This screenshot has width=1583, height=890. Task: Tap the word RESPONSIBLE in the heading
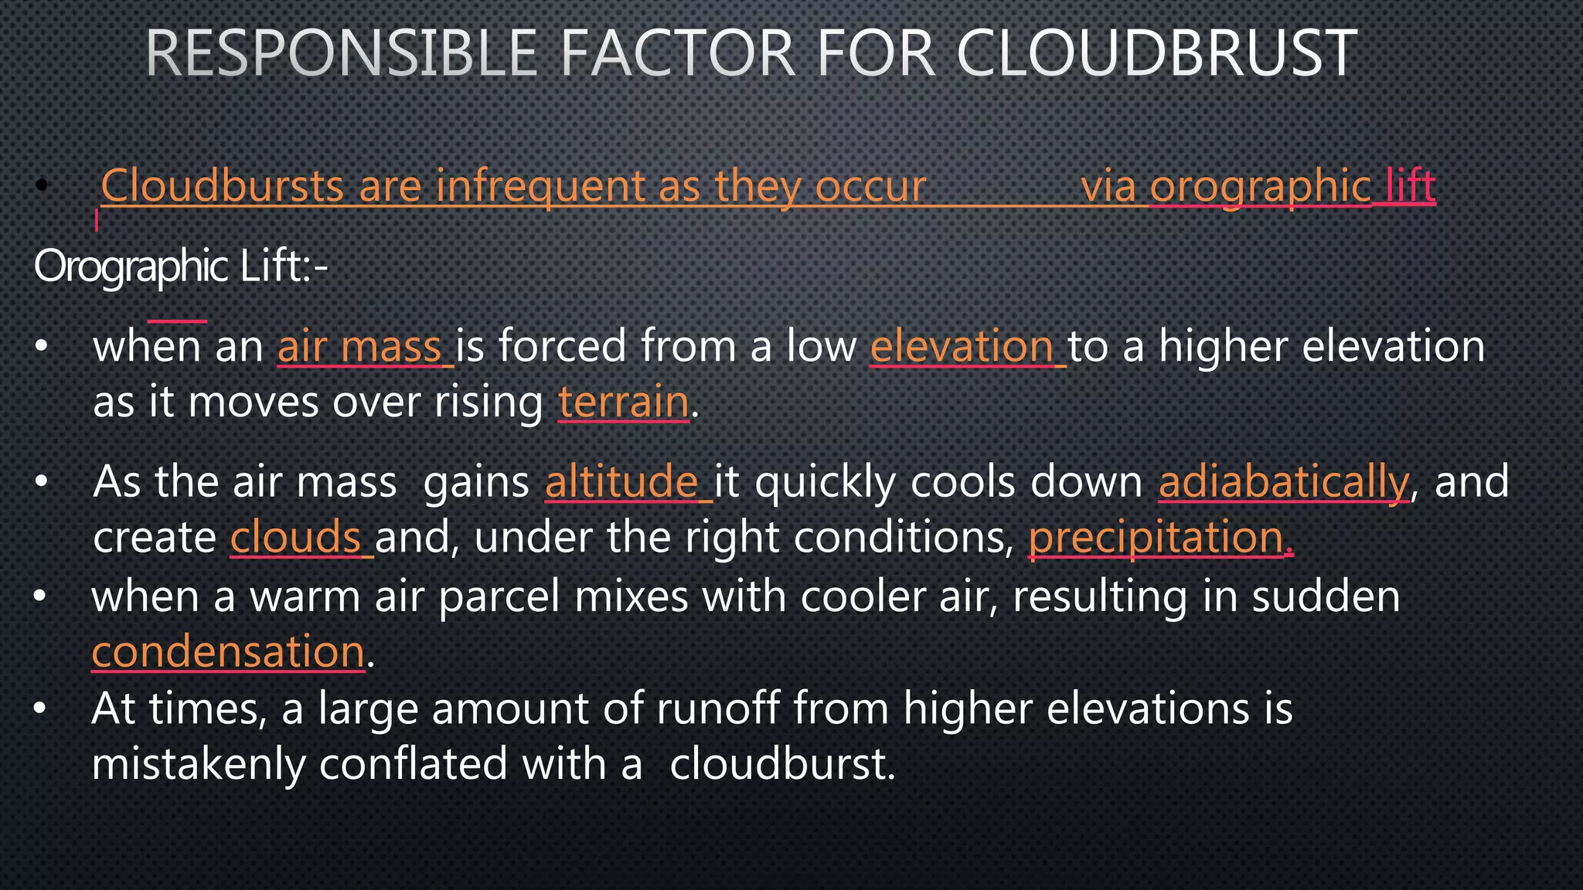tap(341, 53)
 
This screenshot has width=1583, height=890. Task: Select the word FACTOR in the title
tap(676, 53)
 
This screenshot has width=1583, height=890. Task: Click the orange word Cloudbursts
tap(223, 186)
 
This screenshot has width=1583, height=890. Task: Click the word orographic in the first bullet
tap(1260, 186)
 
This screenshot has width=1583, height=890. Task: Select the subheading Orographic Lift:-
tap(181, 267)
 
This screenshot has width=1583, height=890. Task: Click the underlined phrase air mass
tap(359, 346)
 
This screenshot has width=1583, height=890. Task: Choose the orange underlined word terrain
tap(623, 402)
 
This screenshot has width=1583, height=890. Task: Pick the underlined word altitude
tap(622, 482)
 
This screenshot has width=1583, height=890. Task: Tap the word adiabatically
tap(1284, 482)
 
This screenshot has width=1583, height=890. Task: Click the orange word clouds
tap(296, 538)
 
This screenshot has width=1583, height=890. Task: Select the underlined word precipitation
tap(1156, 538)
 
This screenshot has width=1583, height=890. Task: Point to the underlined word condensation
tap(228, 651)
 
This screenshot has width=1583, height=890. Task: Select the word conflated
tap(414, 764)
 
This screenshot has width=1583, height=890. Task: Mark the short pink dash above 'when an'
tap(177, 320)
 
